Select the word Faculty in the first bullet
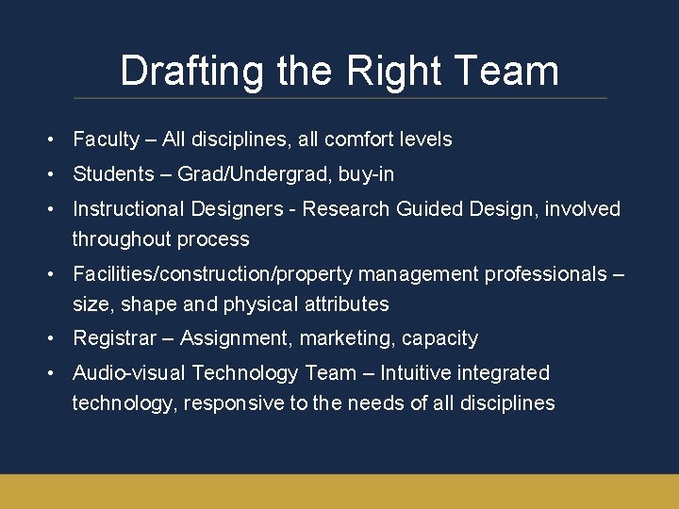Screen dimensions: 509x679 [106, 140]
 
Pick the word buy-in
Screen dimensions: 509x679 [366, 174]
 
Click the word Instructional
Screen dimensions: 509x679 [130, 209]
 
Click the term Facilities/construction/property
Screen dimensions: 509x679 [209, 274]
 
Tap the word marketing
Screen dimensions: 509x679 [346, 338]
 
